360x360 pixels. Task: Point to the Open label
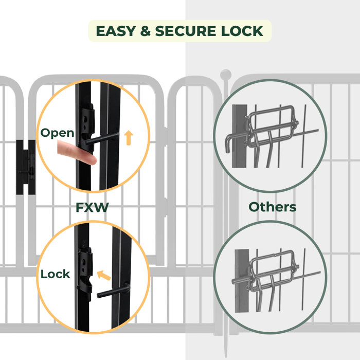click(58, 133)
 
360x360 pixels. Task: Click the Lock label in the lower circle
click(55, 274)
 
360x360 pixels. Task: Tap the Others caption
click(272, 207)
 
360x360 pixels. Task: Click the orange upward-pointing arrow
click(129, 138)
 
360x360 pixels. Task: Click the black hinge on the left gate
click(26, 167)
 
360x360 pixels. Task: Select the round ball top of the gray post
click(224, 76)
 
